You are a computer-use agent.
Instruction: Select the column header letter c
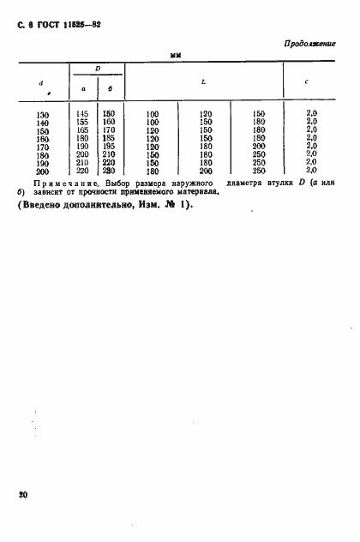click(x=308, y=82)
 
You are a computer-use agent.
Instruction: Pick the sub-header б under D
click(x=111, y=87)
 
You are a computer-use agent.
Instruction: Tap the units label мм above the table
click(x=178, y=55)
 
